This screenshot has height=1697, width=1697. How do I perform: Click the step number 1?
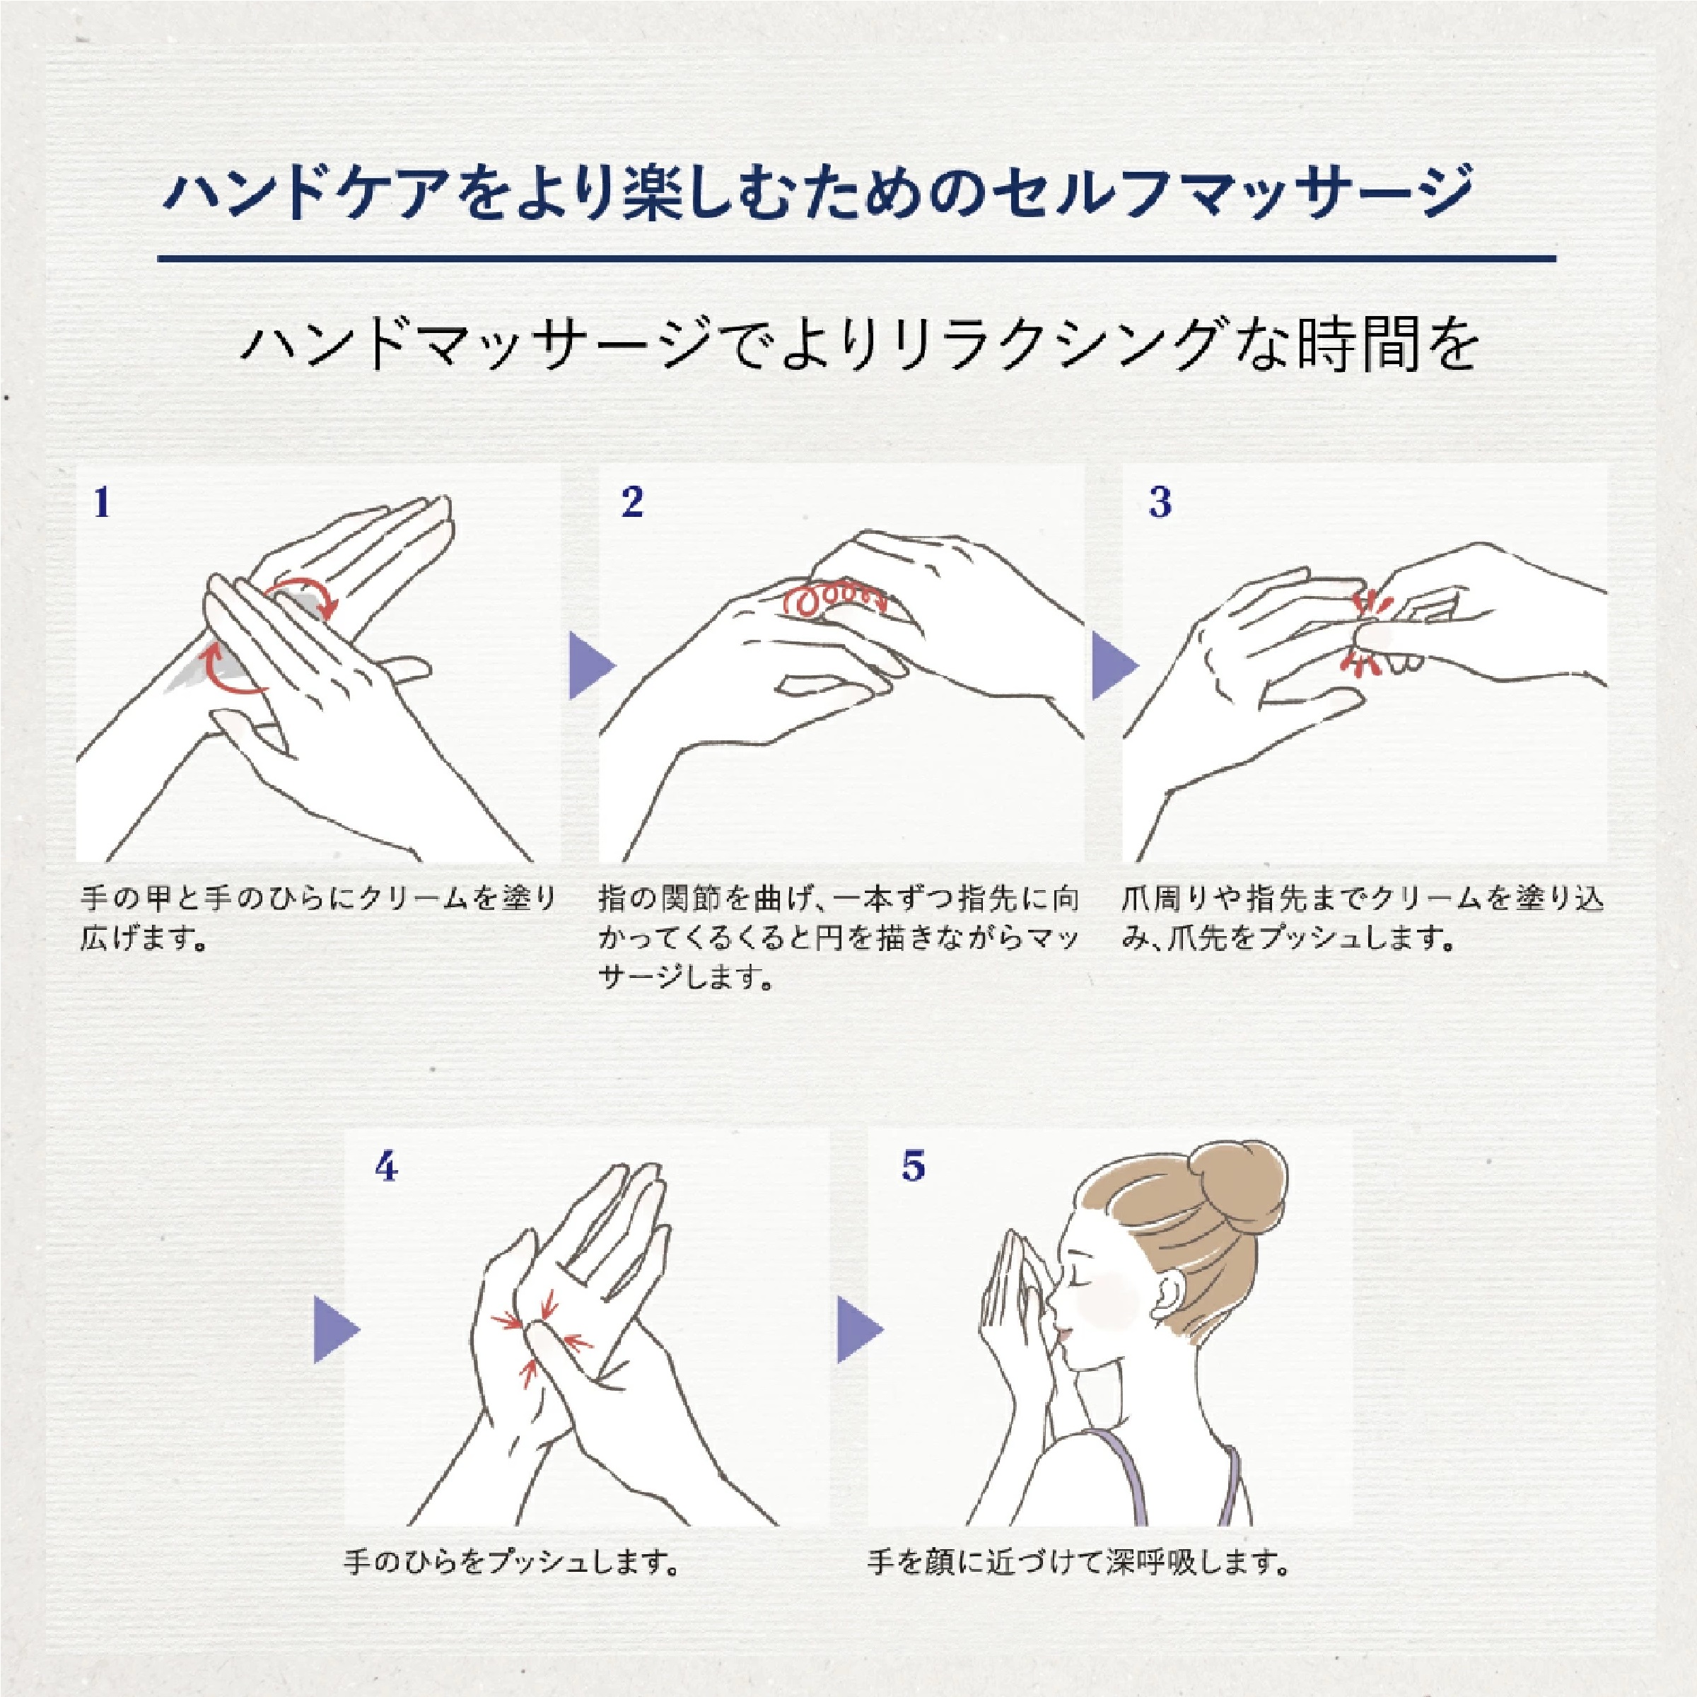(x=102, y=503)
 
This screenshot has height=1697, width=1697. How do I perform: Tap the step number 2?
(x=631, y=503)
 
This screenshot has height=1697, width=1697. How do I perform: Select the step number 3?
(x=1160, y=503)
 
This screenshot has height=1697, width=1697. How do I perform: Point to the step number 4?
(x=385, y=1167)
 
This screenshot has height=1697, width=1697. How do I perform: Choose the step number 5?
(x=914, y=1167)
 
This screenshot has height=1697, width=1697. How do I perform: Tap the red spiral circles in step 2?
(x=834, y=600)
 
